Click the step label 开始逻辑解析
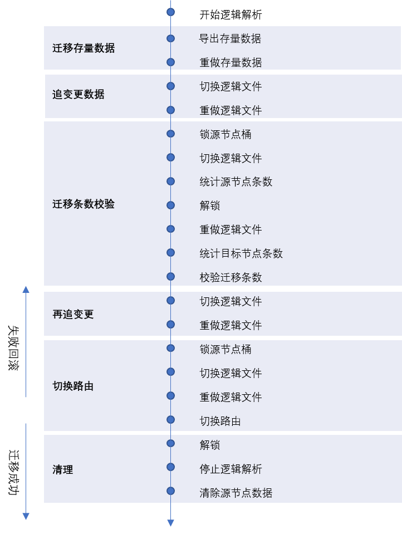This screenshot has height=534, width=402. click(x=231, y=14)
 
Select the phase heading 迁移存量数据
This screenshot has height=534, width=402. click(x=84, y=48)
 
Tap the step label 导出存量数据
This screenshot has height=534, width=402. click(x=231, y=38)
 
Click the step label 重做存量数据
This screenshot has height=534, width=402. click(x=231, y=62)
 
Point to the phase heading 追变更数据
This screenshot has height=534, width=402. click(x=79, y=94)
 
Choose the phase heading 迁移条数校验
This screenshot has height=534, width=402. click(x=84, y=204)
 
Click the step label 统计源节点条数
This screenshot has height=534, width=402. click(x=236, y=182)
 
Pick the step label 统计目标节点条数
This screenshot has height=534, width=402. click(x=241, y=253)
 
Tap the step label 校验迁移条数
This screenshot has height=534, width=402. click(x=231, y=277)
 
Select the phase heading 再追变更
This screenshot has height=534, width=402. click(x=73, y=314)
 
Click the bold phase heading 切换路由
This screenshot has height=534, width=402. click(x=73, y=386)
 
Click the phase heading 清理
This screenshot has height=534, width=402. click(x=63, y=469)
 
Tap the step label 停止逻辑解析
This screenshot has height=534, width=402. click(x=231, y=469)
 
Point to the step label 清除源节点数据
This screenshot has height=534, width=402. click(x=236, y=493)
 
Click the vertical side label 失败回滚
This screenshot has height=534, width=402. click(x=13, y=347)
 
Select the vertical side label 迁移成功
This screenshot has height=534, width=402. click(x=13, y=472)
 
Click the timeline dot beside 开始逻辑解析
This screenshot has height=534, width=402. click(x=171, y=12)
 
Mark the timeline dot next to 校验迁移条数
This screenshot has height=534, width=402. click(x=171, y=277)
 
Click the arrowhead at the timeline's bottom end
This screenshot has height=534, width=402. click(x=171, y=523)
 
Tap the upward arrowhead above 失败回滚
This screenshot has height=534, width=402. click(x=26, y=290)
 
